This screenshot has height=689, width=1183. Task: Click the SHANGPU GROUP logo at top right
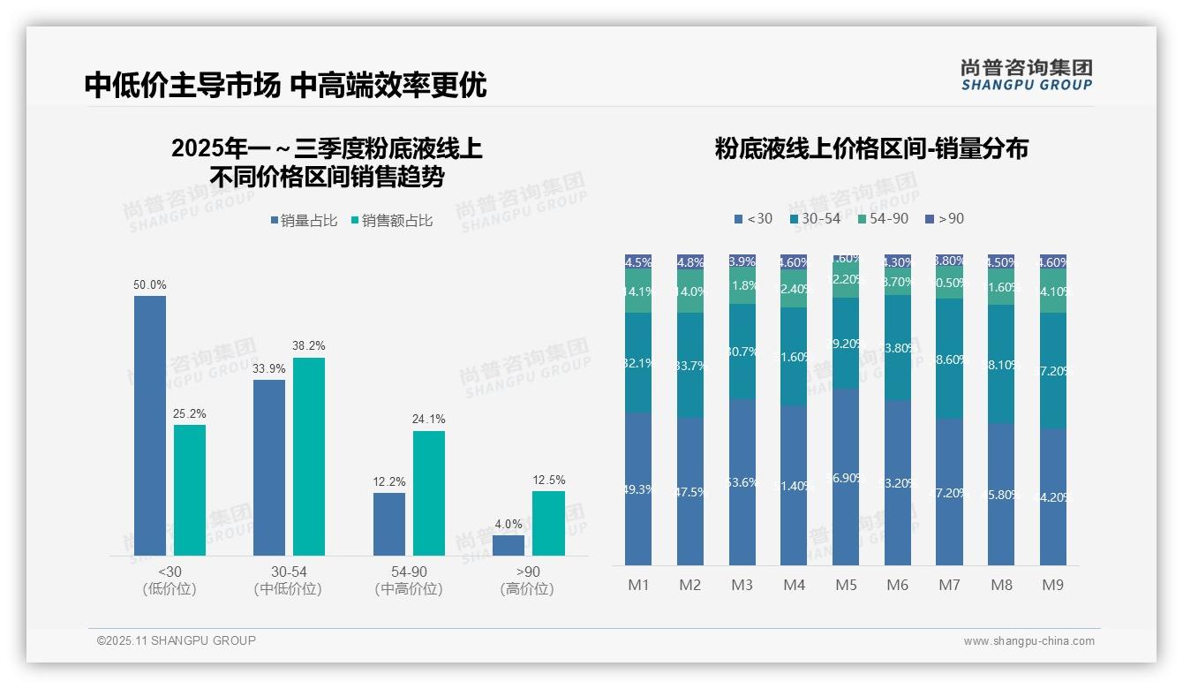point(1026,75)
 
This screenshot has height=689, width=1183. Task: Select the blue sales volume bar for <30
point(150,426)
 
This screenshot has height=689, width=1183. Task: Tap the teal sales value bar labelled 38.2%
point(309,457)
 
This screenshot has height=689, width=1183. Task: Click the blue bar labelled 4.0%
point(509,546)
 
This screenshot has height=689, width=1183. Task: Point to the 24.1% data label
point(428,420)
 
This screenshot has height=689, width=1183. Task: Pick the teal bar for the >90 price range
point(548,524)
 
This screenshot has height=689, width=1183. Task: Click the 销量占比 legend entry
point(304,221)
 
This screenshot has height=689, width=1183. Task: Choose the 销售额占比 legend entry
point(392,221)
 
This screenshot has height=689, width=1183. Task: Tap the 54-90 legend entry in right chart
point(882,218)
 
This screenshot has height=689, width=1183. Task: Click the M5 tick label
point(846,585)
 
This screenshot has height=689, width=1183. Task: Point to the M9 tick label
point(1053,585)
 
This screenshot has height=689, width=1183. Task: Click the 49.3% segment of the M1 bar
point(638,488)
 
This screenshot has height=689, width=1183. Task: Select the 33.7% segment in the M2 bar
point(690,365)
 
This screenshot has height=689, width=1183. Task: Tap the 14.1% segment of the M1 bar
point(638,291)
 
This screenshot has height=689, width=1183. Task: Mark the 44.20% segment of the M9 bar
point(1053,496)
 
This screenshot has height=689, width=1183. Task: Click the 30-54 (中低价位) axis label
point(288,580)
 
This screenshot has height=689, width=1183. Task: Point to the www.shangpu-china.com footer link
point(1029,641)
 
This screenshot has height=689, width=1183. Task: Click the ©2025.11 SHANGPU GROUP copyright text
point(177,640)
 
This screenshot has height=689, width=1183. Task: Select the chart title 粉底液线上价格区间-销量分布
point(871,148)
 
